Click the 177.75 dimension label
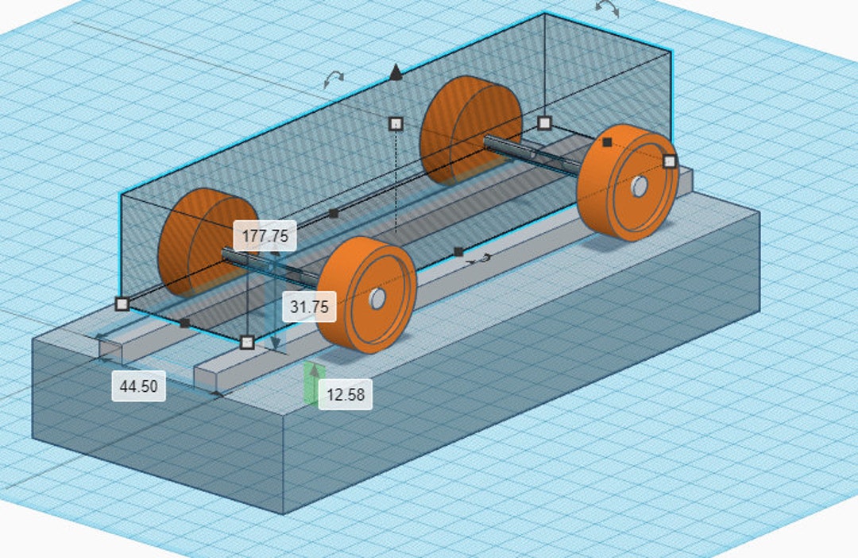[x=265, y=235]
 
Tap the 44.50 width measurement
[x=138, y=386]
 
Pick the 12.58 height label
[x=345, y=394]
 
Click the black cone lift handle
[x=396, y=74]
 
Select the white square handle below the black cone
[x=396, y=123]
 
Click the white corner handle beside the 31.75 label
[x=247, y=342]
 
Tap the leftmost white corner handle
[x=122, y=303]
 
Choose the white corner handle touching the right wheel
[x=670, y=161]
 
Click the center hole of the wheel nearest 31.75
[x=377, y=299]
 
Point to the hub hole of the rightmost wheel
[x=639, y=187]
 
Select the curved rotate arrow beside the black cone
[x=334, y=78]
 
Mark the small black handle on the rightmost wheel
[x=607, y=141]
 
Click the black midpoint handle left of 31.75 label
[x=185, y=323]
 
